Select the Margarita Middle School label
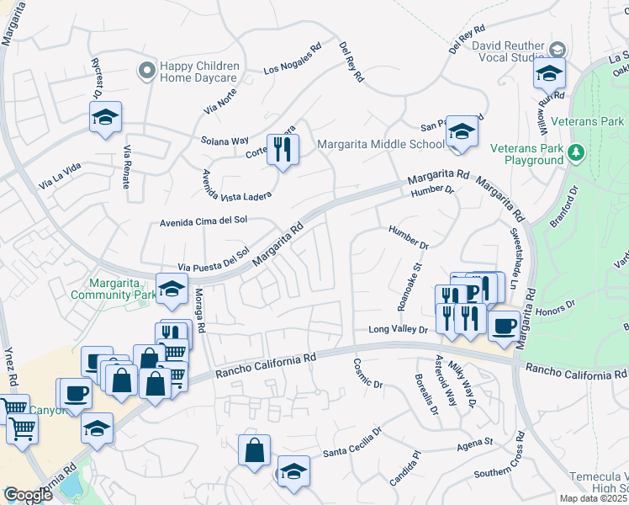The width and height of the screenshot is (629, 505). coord(380,144)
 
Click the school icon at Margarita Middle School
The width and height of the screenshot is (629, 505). coord(462,131)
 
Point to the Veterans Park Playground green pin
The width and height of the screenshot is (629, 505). coord(577,152)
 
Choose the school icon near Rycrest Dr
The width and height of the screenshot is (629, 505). coord(106,117)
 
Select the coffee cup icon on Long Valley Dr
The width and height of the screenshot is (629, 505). coord(504,325)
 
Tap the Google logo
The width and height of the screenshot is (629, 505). coord(29,495)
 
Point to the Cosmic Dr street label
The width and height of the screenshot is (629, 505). coord(367,374)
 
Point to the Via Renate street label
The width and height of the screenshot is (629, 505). coord(128,167)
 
